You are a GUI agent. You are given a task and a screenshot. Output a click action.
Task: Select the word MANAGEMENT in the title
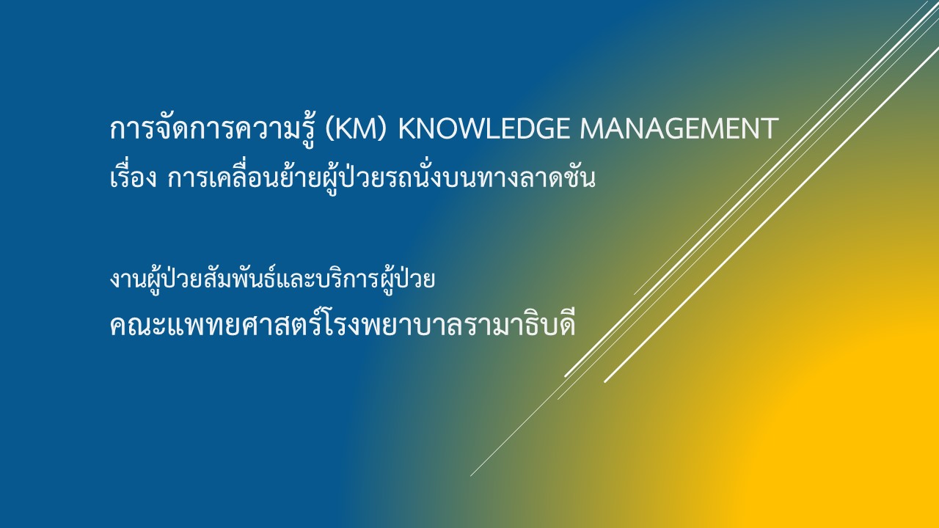(x=679, y=128)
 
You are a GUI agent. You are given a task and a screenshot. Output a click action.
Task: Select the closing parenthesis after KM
(x=381, y=129)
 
